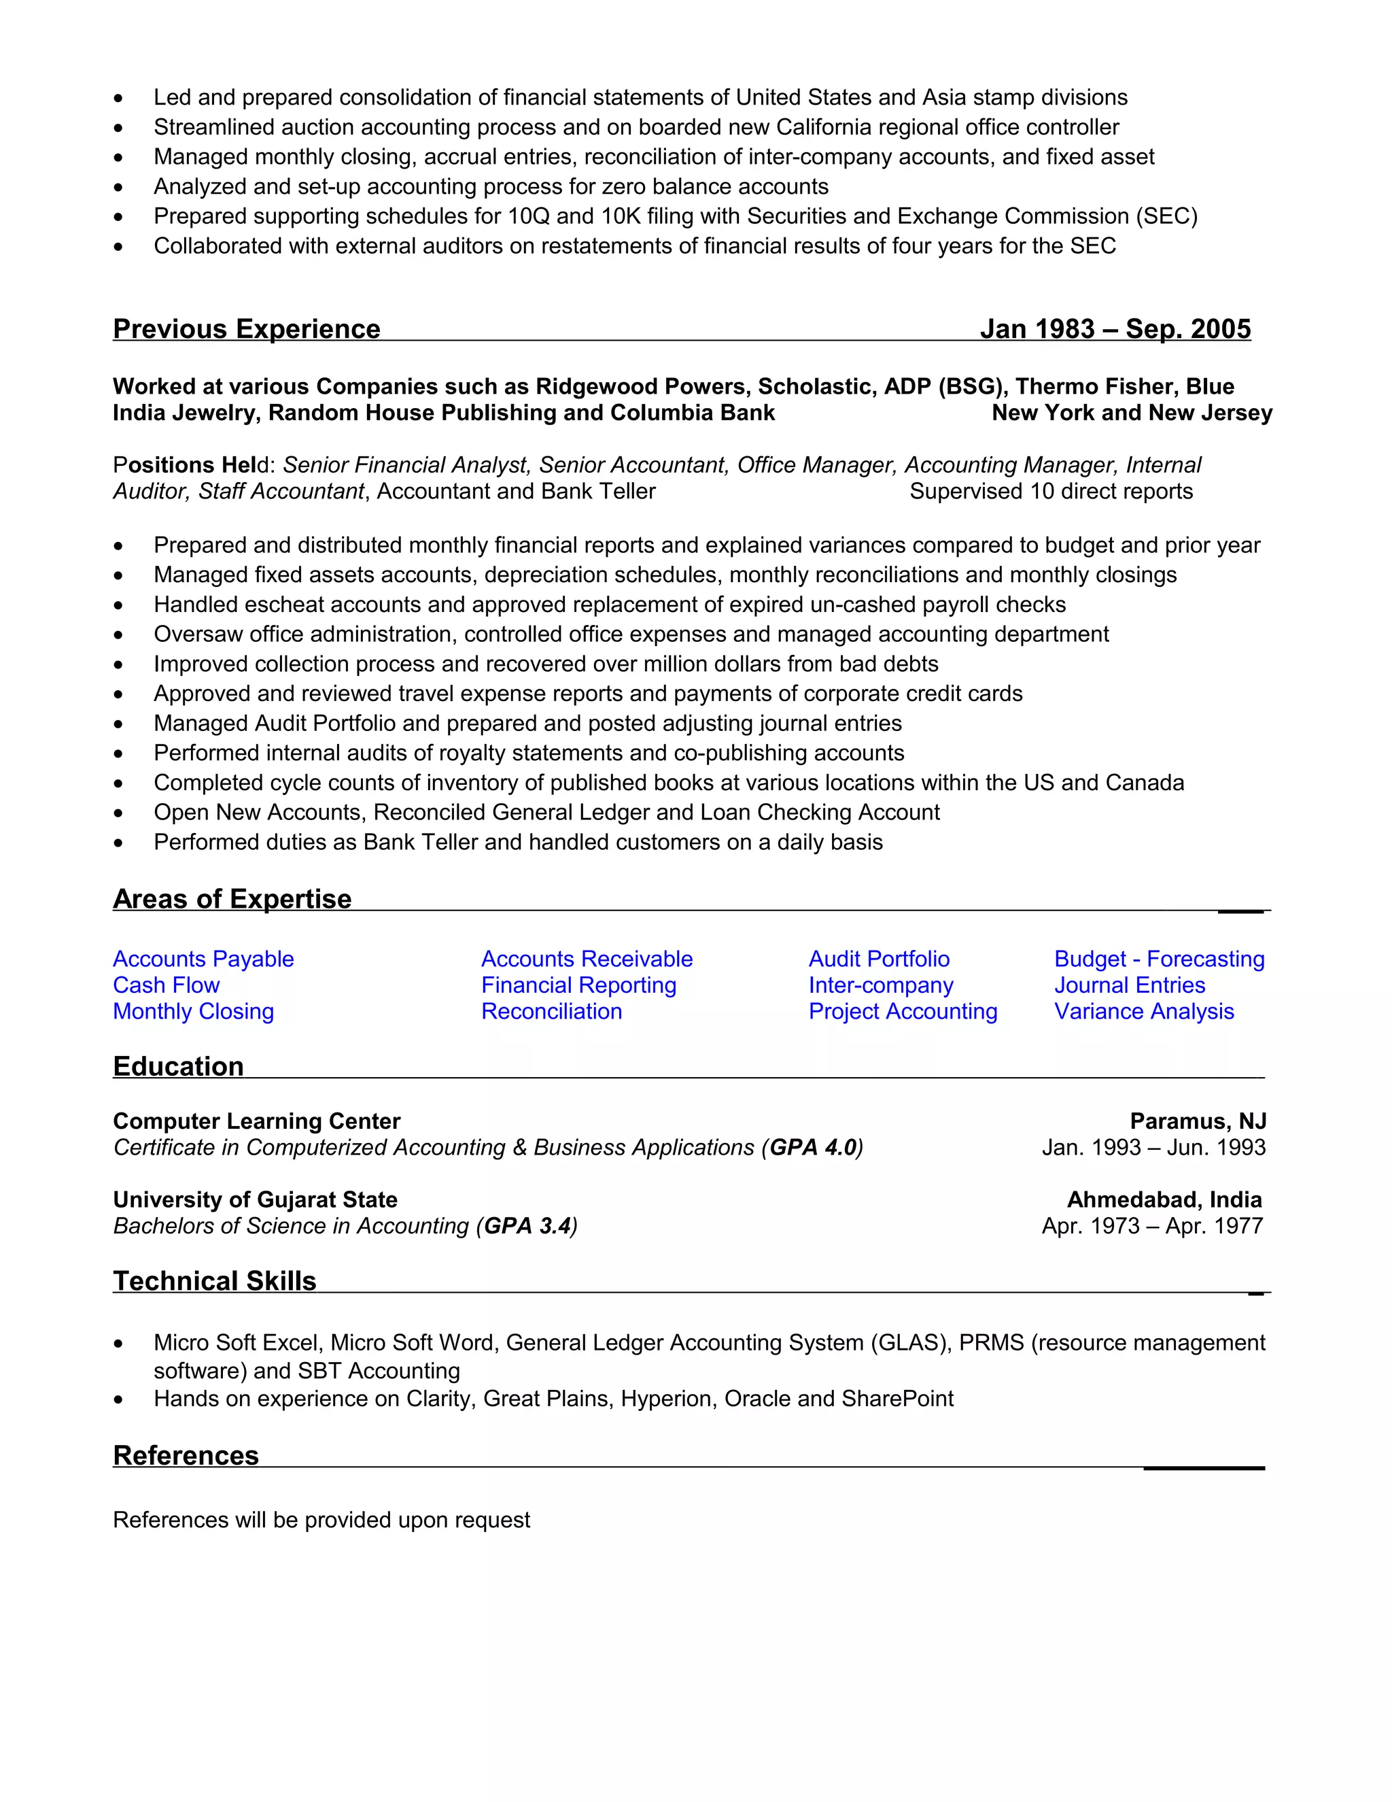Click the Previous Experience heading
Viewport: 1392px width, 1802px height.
247,328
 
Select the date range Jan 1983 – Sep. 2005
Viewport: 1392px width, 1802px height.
1115,328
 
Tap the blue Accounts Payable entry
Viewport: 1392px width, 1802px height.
203,959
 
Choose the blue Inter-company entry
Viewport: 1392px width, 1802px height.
881,985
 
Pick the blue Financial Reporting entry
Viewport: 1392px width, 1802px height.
578,985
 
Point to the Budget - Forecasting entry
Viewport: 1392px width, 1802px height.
1159,959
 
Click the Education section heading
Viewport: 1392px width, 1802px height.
178,1066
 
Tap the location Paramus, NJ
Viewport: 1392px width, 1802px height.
1198,1121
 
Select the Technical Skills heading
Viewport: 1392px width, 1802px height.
214,1280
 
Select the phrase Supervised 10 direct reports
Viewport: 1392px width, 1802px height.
1051,491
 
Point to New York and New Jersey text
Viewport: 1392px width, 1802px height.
1132,413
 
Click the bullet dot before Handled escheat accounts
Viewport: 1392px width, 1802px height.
119,606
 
